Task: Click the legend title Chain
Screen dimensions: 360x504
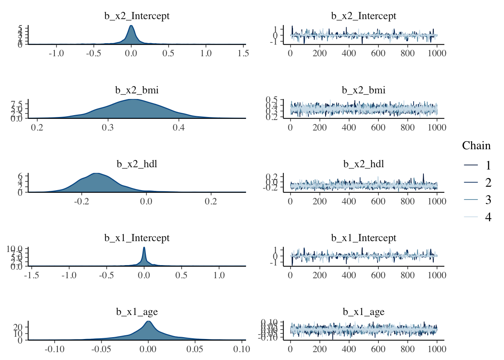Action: (x=476, y=145)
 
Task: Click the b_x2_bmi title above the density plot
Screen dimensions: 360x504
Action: (x=137, y=90)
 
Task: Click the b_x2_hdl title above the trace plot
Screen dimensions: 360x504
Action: (x=363, y=164)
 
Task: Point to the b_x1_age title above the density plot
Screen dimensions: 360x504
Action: (x=137, y=312)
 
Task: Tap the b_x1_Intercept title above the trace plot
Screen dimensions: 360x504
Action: (x=363, y=238)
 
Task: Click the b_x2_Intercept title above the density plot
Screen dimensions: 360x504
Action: (x=137, y=16)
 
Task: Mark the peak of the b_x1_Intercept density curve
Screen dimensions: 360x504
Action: (x=144, y=247)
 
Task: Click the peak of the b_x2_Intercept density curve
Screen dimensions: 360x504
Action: (x=131, y=25)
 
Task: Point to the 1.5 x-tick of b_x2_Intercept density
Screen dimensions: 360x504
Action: (x=243, y=53)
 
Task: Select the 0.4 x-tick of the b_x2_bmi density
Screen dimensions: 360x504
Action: (x=179, y=127)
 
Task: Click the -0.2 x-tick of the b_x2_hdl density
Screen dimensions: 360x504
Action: (x=81, y=201)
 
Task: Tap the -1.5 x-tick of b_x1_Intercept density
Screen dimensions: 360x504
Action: (x=31, y=275)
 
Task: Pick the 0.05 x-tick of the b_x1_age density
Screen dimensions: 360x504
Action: (x=195, y=349)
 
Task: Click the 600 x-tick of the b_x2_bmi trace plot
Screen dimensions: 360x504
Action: (x=378, y=127)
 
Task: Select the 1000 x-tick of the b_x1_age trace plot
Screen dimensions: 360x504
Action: (x=437, y=349)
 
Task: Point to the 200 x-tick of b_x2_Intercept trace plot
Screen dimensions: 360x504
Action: (x=319, y=53)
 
